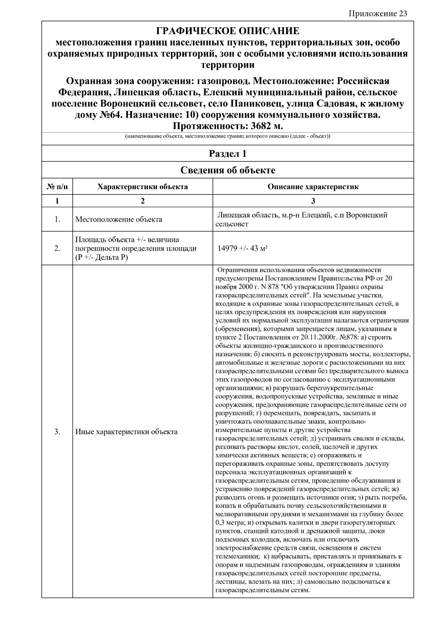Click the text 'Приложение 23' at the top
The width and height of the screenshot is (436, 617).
pos(378,14)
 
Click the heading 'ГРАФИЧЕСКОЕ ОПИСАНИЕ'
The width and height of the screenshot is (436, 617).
pos(227,31)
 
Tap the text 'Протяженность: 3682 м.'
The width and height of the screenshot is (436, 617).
pos(227,126)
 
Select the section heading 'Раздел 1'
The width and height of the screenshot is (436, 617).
pos(227,153)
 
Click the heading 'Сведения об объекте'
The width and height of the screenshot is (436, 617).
pos(227,170)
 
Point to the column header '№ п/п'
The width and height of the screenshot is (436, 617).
pos(57,187)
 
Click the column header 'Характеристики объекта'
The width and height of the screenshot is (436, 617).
pos(142,187)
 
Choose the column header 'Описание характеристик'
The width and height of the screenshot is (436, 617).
pos(313,187)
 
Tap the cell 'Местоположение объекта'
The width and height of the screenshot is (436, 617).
pos(118,219)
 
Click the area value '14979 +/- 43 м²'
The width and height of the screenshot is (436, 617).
pos(242,249)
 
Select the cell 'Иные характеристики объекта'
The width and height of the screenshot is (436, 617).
pos(126,432)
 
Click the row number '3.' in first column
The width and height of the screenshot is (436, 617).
pos(57,432)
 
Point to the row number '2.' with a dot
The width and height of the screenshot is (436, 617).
pos(57,249)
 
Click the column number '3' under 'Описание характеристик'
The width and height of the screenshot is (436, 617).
pos(313,201)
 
